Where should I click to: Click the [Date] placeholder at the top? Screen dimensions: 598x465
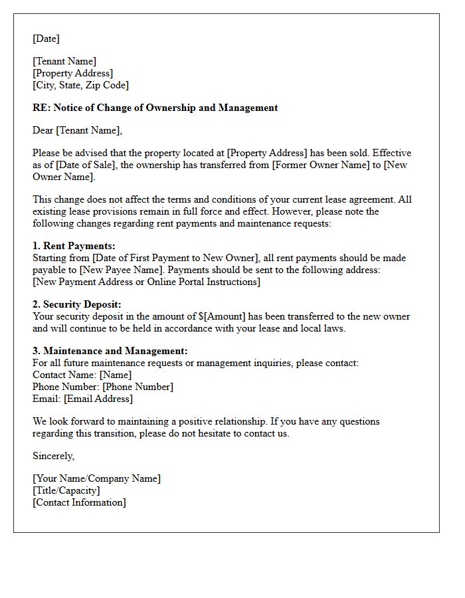[x=46, y=39]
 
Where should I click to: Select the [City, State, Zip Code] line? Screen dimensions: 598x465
[x=80, y=85]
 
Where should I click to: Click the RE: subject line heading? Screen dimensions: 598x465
[x=155, y=108]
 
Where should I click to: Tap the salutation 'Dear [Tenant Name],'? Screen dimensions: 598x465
[x=78, y=130]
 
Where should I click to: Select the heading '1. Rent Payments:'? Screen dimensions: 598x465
[x=74, y=246]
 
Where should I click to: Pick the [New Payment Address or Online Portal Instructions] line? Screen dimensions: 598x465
[x=146, y=282]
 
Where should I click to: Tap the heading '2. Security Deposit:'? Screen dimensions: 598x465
[x=77, y=304]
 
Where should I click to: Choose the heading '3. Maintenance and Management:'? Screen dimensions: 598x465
[x=110, y=351]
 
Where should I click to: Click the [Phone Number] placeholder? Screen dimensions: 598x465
[x=138, y=387]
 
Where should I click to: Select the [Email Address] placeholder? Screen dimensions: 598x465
[x=98, y=399]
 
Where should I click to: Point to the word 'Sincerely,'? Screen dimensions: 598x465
[x=54, y=456]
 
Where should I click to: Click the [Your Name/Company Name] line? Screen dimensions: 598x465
[x=96, y=478]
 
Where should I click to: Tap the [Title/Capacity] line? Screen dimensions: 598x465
[x=66, y=490]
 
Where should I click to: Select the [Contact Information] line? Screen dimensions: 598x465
[x=79, y=502]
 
